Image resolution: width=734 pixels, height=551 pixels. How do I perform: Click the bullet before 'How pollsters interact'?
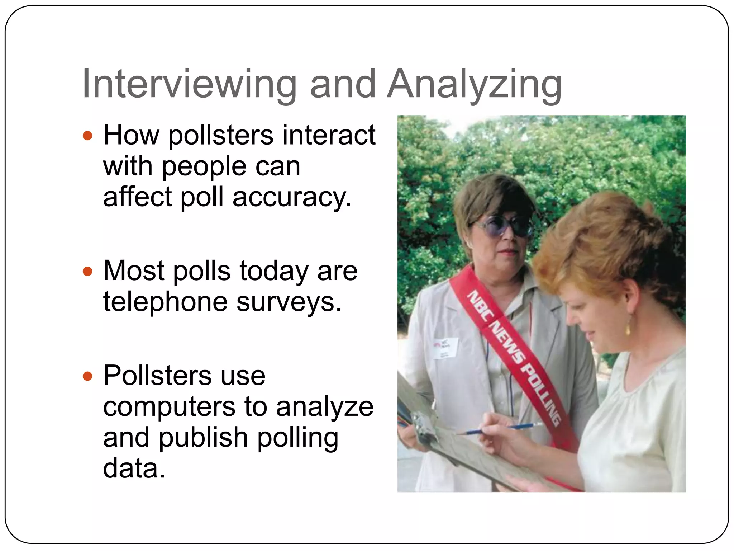pos(87,136)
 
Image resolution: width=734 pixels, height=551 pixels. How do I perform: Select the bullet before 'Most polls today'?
pos(87,271)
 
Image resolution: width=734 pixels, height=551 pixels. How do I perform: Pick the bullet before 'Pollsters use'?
pos(87,376)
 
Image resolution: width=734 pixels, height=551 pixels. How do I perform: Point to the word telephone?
pos(165,302)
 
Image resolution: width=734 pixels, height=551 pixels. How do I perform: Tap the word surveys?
pos(289,302)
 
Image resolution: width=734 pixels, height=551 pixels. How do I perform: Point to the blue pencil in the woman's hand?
pos(502,429)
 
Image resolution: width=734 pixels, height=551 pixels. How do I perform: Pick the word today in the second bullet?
pos(274,271)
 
